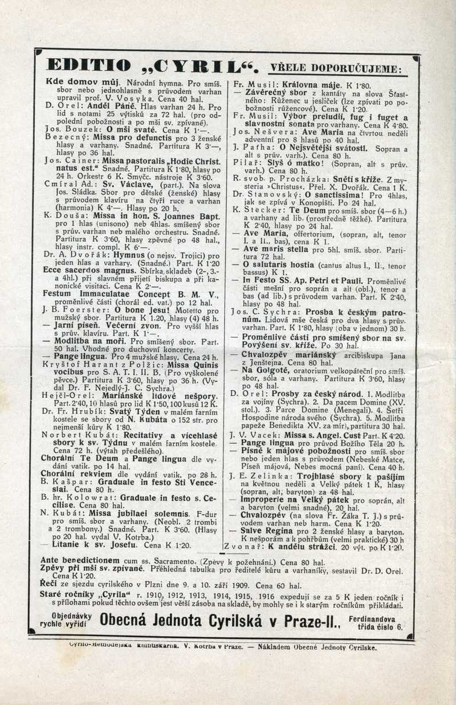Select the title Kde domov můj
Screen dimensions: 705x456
tap(74, 81)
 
